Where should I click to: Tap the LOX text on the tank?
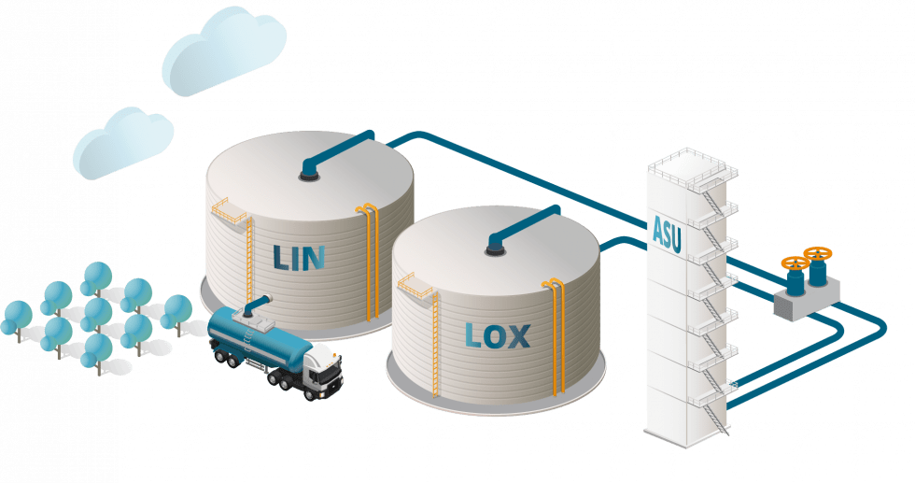point(496,334)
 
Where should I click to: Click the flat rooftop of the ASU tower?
point(692,167)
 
